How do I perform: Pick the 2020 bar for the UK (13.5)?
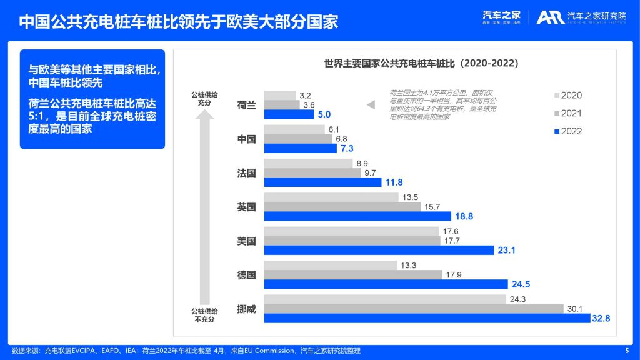pyautogui.click(x=331, y=197)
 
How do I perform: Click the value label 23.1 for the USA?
pyautogui.click(x=506, y=250)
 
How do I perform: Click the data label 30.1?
pyautogui.click(x=574, y=309)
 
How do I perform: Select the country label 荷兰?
pyautogui.click(x=247, y=105)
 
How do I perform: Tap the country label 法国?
pyautogui.click(x=247, y=173)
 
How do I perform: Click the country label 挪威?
pyautogui.click(x=247, y=309)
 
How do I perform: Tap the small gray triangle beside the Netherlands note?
pyautogui.click(x=371, y=105)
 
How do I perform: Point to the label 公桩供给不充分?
pyautogui.click(x=204, y=315)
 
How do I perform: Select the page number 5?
pyautogui.click(x=627, y=351)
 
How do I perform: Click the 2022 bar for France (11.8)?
pyautogui.click(x=322, y=182)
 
